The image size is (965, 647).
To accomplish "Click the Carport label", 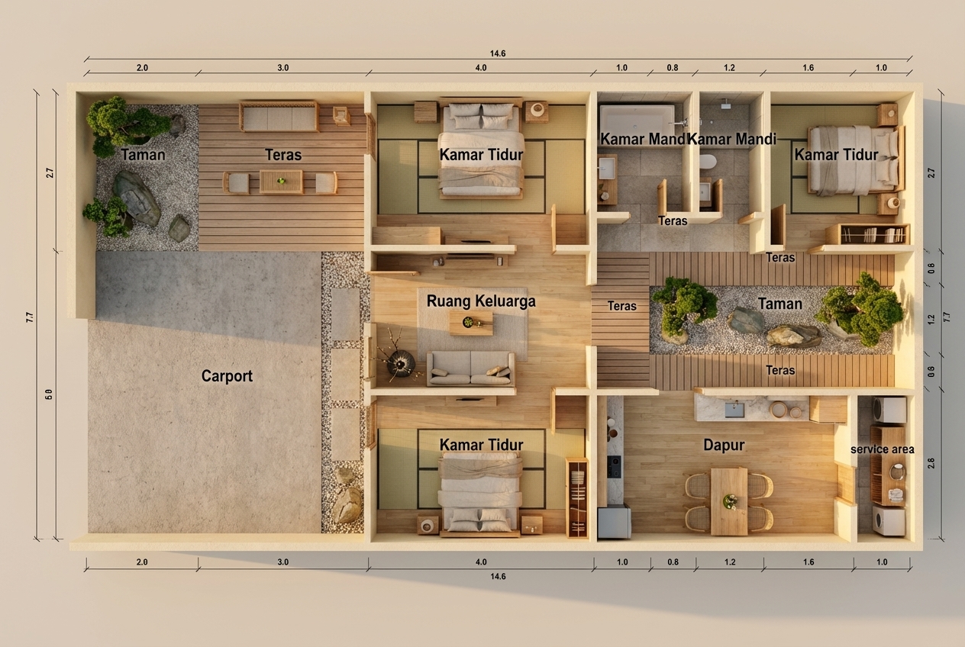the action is click(227, 376).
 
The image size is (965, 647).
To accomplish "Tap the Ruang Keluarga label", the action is click(481, 301).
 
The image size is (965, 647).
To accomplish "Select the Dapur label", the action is click(724, 445).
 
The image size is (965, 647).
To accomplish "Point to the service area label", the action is click(882, 449).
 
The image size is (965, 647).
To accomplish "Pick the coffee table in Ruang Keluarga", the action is click(471, 323).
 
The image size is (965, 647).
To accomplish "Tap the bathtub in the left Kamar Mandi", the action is click(637, 120).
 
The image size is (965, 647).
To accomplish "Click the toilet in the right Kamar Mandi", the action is click(708, 162).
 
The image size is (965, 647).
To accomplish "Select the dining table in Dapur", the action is click(729, 501).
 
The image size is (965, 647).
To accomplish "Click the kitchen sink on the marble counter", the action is click(734, 410).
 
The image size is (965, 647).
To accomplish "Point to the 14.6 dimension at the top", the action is click(498, 53).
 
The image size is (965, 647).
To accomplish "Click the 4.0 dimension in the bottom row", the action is click(481, 562).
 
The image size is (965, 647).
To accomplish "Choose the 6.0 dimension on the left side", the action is click(49, 394).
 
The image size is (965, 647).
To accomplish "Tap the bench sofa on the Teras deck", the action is click(279, 116).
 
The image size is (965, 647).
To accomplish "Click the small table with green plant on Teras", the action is click(281, 182).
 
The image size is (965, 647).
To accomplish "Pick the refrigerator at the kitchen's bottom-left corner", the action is click(615, 522).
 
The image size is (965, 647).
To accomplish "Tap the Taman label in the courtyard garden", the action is click(779, 304).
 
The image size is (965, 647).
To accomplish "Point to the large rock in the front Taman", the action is click(137, 198).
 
